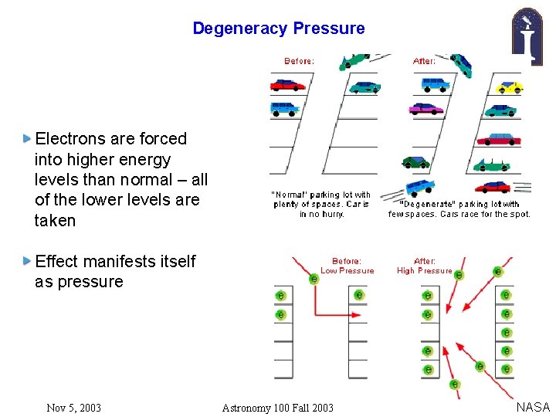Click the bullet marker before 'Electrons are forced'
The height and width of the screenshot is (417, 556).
pyautogui.click(x=28, y=139)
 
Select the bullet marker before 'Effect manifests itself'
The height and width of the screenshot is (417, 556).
pyautogui.click(x=28, y=261)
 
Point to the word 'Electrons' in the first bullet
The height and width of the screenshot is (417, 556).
pyautogui.click(x=73, y=139)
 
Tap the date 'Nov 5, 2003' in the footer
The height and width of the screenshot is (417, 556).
pyautogui.click(x=73, y=408)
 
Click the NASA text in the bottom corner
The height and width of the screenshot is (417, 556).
pyautogui.click(x=533, y=407)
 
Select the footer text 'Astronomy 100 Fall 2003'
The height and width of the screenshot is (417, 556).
pyautogui.click(x=277, y=408)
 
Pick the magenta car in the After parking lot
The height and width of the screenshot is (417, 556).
pyautogui.click(x=426, y=108)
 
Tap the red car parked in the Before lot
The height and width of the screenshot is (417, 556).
pyautogui.click(x=287, y=84)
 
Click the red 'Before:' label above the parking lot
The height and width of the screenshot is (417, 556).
pyautogui.click(x=299, y=61)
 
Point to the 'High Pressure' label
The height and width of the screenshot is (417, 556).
pyautogui.click(x=424, y=271)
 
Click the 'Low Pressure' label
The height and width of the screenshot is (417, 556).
pyautogui.click(x=347, y=271)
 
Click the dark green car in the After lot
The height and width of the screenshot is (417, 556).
pyautogui.click(x=415, y=162)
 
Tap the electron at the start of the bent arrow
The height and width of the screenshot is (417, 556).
pyautogui.click(x=314, y=278)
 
